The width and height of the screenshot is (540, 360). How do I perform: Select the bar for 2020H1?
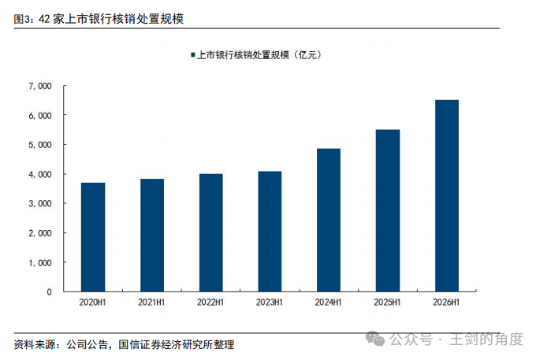93,237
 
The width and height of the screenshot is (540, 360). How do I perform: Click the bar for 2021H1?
152,236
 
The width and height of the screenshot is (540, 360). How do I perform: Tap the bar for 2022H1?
210,232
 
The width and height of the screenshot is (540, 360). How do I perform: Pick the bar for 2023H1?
270,232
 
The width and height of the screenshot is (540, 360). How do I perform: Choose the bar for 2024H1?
329,221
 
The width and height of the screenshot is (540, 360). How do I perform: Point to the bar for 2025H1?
388,210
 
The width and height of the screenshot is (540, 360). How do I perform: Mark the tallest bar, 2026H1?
447,196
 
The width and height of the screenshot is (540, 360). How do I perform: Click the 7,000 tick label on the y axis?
40,86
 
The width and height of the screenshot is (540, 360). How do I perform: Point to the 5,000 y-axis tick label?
40,145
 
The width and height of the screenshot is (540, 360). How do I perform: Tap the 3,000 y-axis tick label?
40,204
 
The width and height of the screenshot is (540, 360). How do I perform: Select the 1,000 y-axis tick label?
40,263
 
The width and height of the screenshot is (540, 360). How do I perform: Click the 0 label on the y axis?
49,292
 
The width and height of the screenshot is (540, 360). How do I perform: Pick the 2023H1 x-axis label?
270,302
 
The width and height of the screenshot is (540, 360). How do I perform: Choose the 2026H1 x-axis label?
446,302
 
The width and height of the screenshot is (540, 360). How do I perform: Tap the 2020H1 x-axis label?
93,302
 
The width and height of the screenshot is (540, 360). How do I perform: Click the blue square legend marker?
193,54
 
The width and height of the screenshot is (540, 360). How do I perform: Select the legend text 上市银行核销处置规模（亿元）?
259,55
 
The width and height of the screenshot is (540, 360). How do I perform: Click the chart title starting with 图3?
99,19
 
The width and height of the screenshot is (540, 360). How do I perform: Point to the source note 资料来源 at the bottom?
124,344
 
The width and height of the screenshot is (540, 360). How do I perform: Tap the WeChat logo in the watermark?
375,339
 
